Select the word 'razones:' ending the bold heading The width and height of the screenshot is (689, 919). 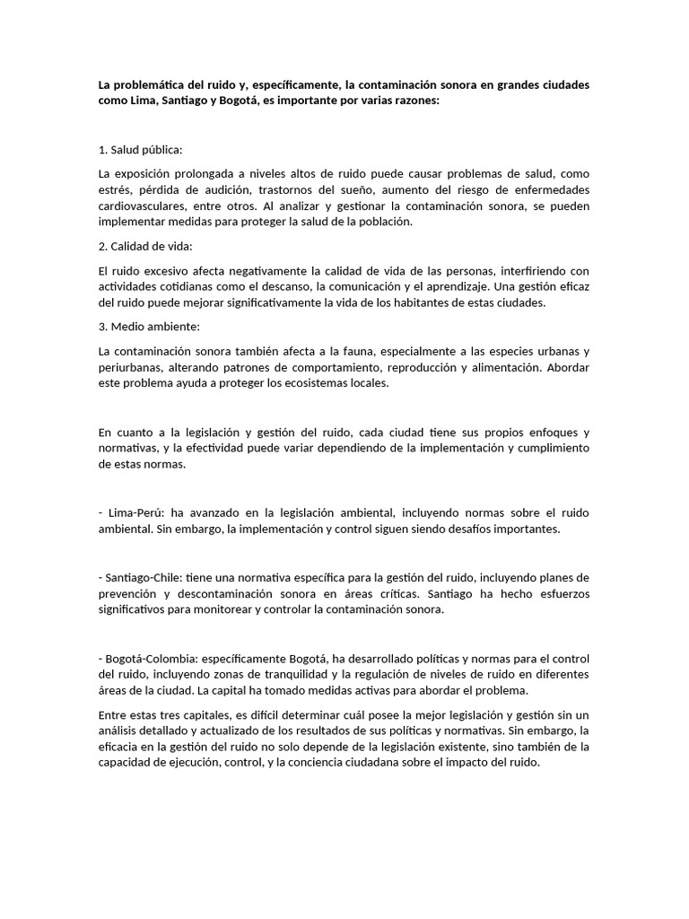(416, 101)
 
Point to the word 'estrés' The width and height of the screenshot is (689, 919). (115, 189)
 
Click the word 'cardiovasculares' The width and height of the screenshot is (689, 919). (140, 206)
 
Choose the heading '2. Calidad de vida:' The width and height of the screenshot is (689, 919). (145, 246)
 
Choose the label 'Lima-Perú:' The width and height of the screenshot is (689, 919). (135, 513)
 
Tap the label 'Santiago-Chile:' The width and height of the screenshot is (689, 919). (144, 577)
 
